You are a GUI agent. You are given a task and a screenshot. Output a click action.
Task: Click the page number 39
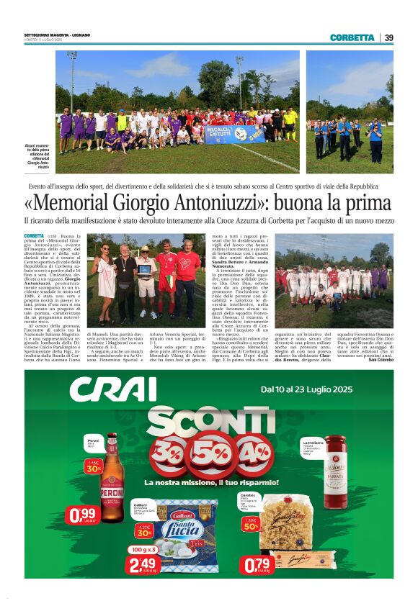pos(388,38)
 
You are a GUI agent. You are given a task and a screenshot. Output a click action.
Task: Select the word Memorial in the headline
pos(81,204)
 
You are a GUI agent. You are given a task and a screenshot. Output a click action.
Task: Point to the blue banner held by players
pos(234,134)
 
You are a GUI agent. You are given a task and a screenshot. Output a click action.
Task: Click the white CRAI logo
pos(114,390)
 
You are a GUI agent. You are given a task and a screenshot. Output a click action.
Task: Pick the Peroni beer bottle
pos(111,475)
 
